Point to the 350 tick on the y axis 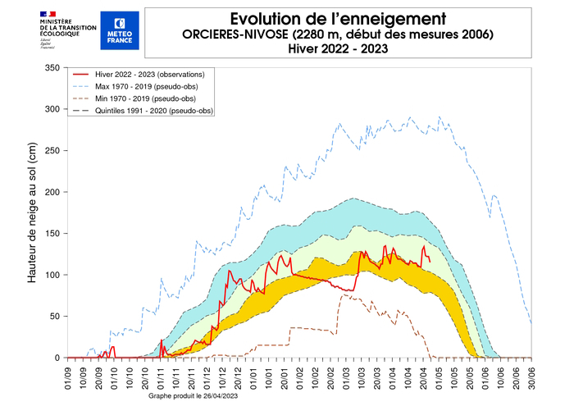pos(52,68)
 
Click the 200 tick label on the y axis pos(52,192)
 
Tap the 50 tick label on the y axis pos(55,316)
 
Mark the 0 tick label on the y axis pos(57,358)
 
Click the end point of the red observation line pos(430,262)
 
